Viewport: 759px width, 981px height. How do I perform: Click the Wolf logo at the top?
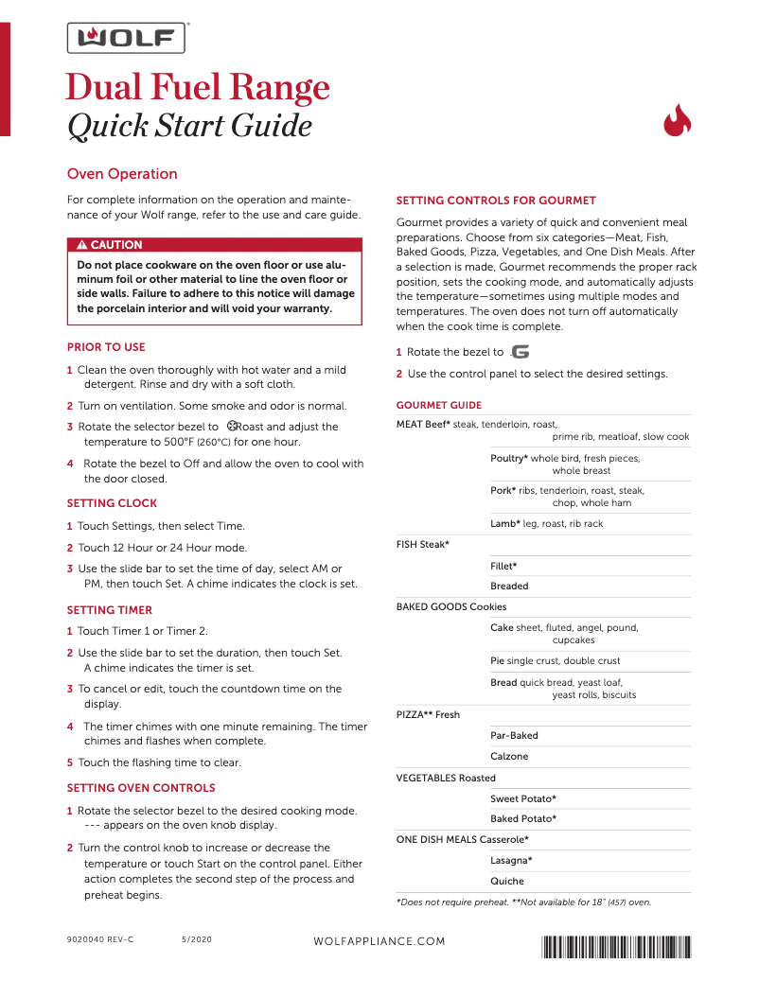(x=126, y=38)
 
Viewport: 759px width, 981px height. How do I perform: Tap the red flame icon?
(x=677, y=122)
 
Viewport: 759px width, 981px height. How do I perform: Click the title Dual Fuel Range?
(x=198, y=88)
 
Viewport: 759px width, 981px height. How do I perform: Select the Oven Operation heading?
(x=122, y=174)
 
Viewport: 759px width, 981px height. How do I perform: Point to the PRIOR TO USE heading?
(x=106, y=347)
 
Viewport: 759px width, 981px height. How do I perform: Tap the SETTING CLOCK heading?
(x=112, y=503)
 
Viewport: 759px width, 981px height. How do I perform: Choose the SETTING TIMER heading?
(x=110, y=610)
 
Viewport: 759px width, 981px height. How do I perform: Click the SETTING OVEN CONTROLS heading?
(x=141, y=788)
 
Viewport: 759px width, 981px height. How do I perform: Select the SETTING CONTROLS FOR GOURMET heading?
(x=496, y=201)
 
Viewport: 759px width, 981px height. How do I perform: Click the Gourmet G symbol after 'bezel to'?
(x=520, y=352)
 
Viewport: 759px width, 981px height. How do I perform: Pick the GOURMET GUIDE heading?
(x=438, y=405)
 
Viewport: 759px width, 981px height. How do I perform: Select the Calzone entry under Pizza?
(x=509, y=757)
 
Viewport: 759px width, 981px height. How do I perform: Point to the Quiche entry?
(x=507, y=882)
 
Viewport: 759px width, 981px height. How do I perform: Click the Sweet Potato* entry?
(x=523, y=799)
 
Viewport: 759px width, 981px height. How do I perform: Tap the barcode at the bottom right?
(x=615, y=944)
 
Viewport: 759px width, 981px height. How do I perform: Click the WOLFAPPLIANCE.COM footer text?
(x=379, y=941)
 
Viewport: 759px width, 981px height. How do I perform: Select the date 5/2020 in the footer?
(x=197, y=941)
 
